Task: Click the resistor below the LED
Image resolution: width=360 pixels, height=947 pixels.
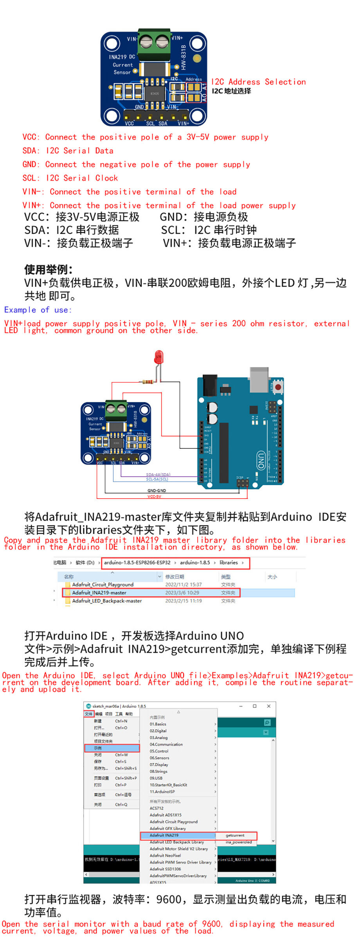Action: click(148, 381)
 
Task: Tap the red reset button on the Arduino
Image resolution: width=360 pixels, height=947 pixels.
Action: click(278, 387)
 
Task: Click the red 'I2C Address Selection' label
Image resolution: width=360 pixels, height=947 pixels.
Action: click(258, 82)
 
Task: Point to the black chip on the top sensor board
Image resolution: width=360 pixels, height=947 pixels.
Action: click(155, 93)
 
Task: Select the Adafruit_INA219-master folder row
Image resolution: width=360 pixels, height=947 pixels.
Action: click(99, 593)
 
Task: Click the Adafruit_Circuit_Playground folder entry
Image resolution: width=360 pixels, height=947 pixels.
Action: click(103, 584)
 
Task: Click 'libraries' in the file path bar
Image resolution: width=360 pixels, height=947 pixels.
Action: click(229, 563)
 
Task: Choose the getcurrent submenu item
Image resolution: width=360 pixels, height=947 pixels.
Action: click(235, 835)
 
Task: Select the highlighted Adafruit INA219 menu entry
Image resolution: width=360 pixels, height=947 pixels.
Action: click(164, 835)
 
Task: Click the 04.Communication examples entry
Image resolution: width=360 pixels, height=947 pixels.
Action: click(166, 744)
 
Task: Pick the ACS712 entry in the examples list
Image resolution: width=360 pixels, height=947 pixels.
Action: click(157, 808)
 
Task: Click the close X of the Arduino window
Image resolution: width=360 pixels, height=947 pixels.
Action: click(268, 706)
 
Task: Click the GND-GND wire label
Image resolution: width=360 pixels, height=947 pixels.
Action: click(157, 491)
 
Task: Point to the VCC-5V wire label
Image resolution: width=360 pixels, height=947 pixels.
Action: click(154, 496)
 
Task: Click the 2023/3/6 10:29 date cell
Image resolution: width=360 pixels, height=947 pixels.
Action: click(182, 593)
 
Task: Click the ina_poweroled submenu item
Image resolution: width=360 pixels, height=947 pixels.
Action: click(239, 842)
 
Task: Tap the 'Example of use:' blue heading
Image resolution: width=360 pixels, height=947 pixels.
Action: click(38, 310)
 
